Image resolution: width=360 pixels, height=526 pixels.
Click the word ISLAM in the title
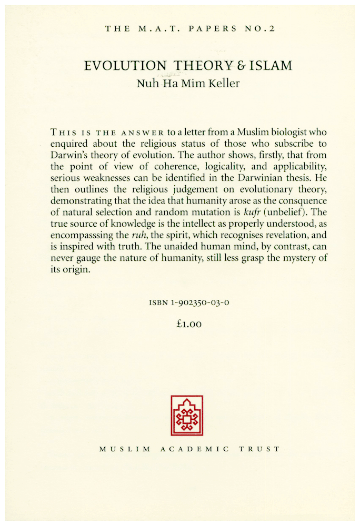(267, 66)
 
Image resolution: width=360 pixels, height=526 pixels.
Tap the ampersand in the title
(233, 66)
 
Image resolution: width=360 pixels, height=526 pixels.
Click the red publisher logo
(187, 416)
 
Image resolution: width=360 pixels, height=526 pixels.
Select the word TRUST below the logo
(260, 449)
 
